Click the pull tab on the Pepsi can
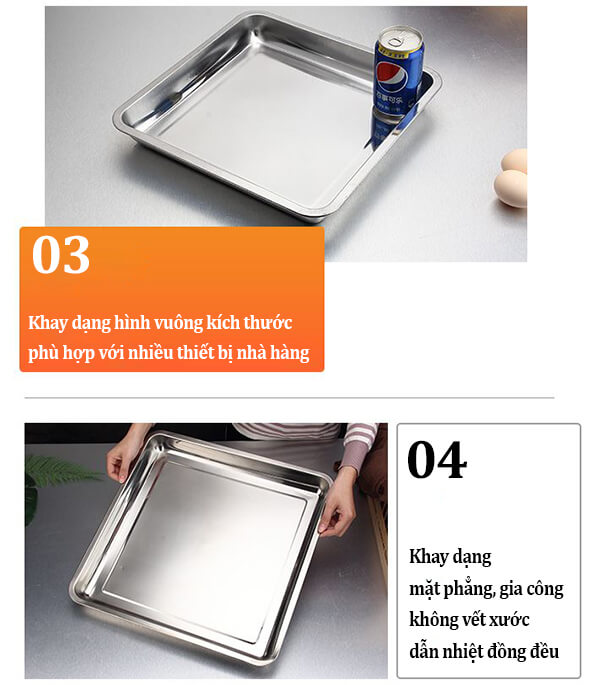tap(396, 41)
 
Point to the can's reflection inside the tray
tap(387, 125)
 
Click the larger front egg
tap(510, 188)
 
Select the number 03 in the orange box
tap(61, 255)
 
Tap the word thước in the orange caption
tap(267, 322)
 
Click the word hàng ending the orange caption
tap(289, 352)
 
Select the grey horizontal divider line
tap(289, 398)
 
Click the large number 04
tap(437, 460)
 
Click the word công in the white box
tap(545, 589)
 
